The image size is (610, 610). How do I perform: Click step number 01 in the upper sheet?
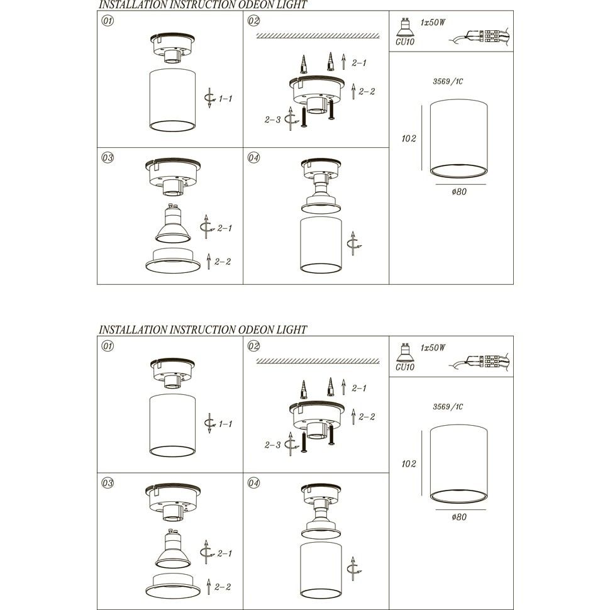coord(108,21)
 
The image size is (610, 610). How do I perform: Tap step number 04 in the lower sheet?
coord(253,483)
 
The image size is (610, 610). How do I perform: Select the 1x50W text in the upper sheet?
coord(433,22)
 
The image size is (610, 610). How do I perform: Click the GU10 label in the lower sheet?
coord(405,367)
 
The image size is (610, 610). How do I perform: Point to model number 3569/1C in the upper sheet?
coord(448,81)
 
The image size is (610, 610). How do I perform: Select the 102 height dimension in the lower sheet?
coord(409,463)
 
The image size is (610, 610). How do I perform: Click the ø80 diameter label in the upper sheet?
coord(459,191)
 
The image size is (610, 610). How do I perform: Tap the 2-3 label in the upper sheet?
coord(272,120)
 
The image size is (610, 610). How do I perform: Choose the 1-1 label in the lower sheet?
coord(225,424)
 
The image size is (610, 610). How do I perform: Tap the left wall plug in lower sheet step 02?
coord(304,389)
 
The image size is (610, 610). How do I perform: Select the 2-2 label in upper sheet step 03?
coord(223,262)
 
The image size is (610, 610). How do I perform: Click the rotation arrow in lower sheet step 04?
coord(353,569)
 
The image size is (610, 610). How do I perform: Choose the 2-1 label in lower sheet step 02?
coord(358,388)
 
